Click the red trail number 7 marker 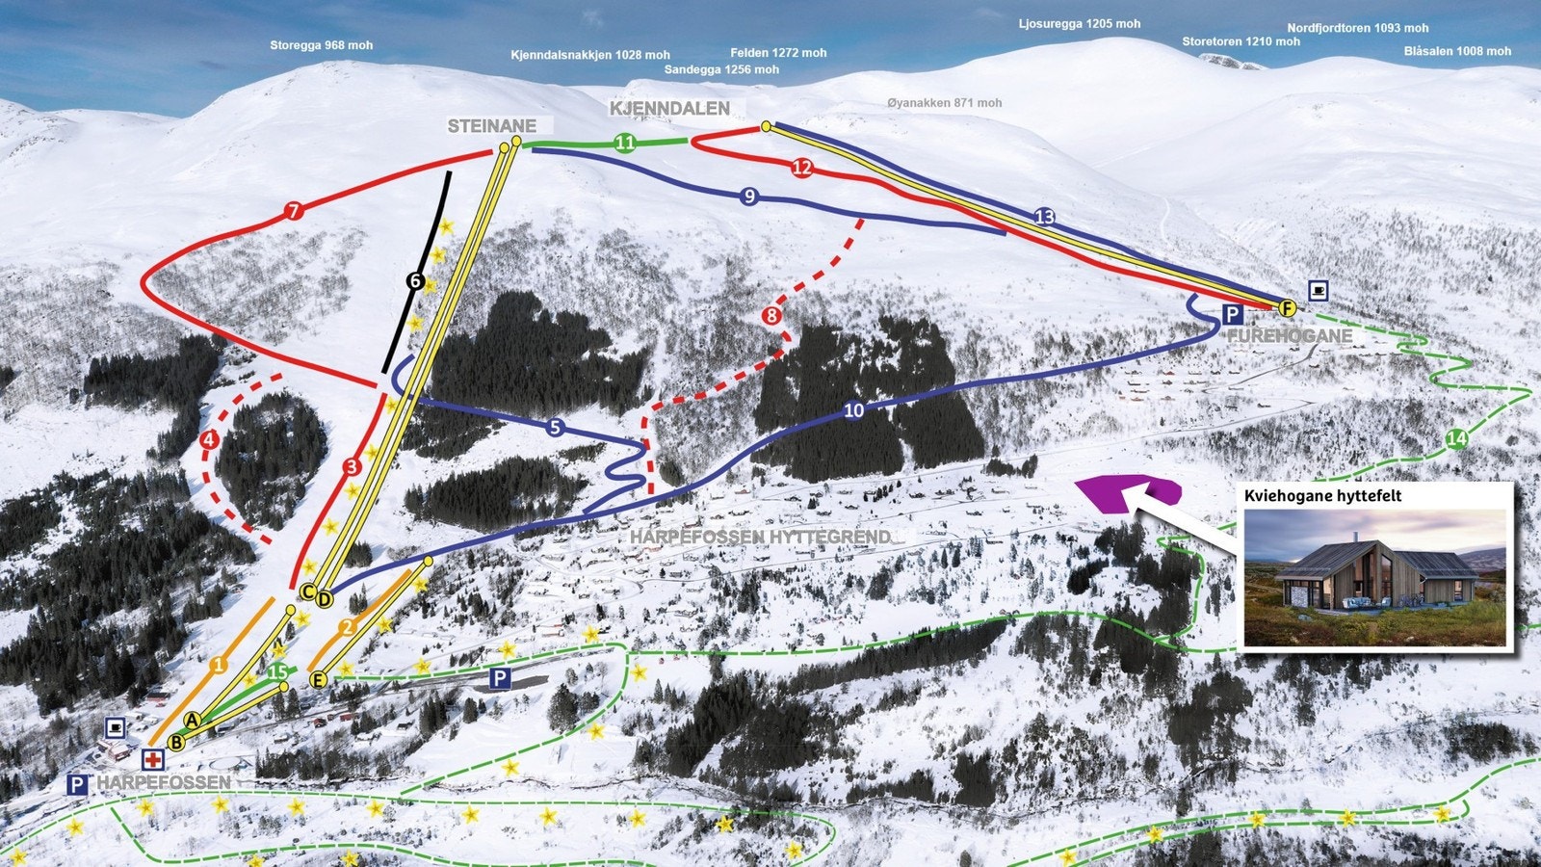pyautogui.click(x=294, y=211)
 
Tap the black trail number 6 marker pyautogui.click(x=415, y=281)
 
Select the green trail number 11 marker pyautogui.click(x=625, y=144)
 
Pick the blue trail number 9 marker pyautogui.click(x=749, y=197)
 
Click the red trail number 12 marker pyautogui.click(x=802, y=168)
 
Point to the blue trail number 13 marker pyautogui.click(x=1045, y=217)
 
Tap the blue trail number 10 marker pyautogui.click(x=853, y=410)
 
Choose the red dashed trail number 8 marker pyautogui.click(x=771, y=316)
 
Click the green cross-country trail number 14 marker pyautogui.click(x=1456, y=439)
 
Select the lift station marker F pyautogui.click(x=1287, y=308)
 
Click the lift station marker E pyautogui.click(x=319, y=679)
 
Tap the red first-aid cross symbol pyautogui.click(x=152, y=760)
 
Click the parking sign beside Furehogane pyautogui.click(x=1232, y=314)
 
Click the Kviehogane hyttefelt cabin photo pyautogui.click(x=1375, y=577)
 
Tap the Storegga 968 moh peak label pyautogui.click(x=321, y=45)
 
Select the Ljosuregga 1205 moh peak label pyautogui.click(x=1079, y=24)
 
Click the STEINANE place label pyautogui.click(x=491, y=126)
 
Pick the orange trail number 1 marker pyautogui.click(x=219, y=665)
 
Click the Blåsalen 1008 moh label pyautogui.click(x=1457, y=51)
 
